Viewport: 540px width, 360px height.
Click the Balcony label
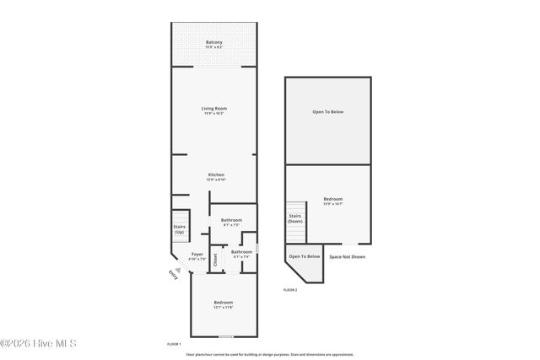pyautogui.click(x=214, y=44)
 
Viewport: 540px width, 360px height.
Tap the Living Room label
pyautogui.click(x=214, y=110)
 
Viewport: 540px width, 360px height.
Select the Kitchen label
pyautogui.click(x=217, y=176)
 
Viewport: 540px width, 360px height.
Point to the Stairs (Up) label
pyautogui.click(x=179, y=228)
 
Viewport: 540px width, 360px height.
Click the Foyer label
pyautogui.click(x=197, y=256)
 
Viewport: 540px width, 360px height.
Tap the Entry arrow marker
pyautogui.click(x=177, y=270)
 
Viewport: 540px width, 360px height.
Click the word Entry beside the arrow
pyautogui.click(x=173, y=275)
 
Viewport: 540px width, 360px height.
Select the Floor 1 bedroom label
pyautogui.click(x=223, y=304)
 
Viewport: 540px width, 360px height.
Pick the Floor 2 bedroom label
pyautogui.click(x=332, y=201)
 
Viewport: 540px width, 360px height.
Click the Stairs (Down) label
pyautogui.click(x=295, y=218)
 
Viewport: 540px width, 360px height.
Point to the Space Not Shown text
pyautogui.click(x=347, y=256)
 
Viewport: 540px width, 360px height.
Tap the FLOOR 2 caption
pyautogui.click(x=290, y=289)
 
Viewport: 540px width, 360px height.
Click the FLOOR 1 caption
pyautogui.click(x=175, y=344)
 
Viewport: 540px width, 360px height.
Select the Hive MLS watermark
pyautogui.click(x=39, y=343)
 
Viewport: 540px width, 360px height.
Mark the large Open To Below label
pyautogui.click(x=328, y=112)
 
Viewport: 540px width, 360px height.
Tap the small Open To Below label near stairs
pyautogui.click(x=305, y=256)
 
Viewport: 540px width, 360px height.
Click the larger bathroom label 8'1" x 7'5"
pyautogui.click(x=232, y=222)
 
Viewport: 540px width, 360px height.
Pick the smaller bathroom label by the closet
pyautogui.click(x=242, y=253)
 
